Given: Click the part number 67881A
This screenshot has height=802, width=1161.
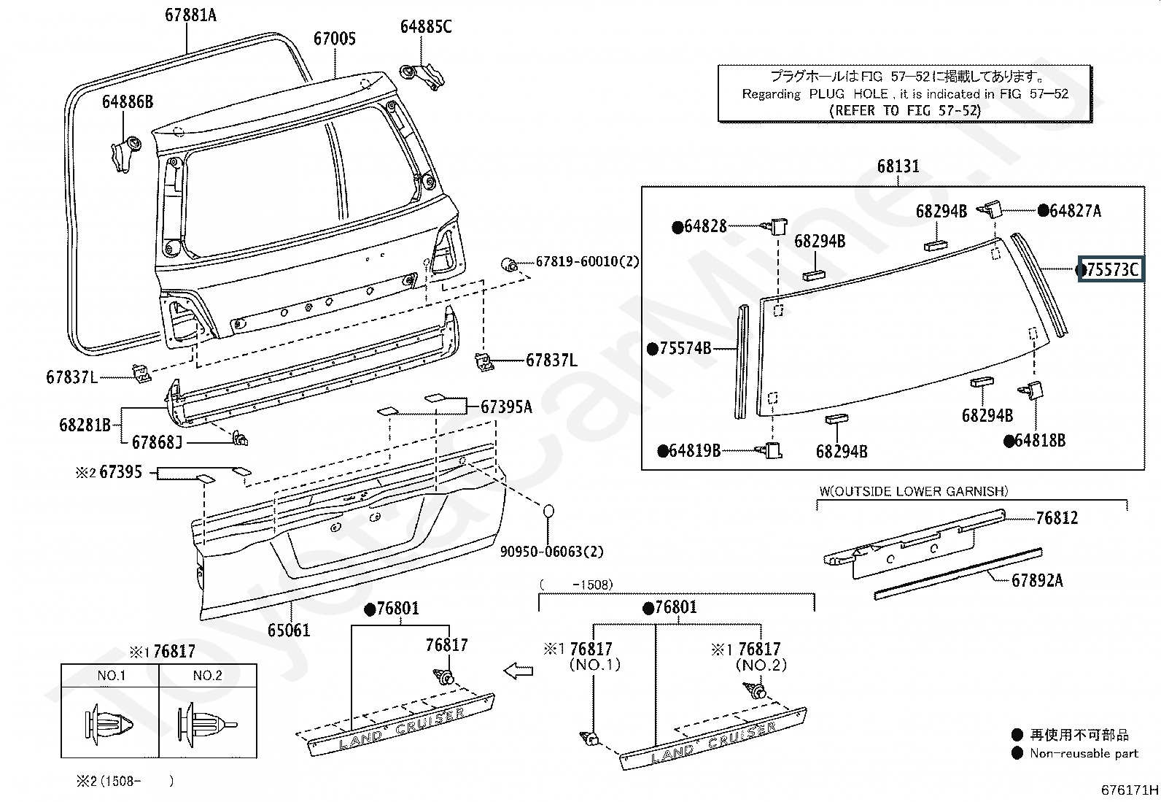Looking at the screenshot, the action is click(191, 15).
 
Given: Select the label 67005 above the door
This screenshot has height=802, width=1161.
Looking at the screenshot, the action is click(335, 39).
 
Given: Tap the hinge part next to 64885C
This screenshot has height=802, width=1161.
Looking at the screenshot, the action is click(422, 76).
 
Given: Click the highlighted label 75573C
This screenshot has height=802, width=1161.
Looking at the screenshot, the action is click(1111, 269).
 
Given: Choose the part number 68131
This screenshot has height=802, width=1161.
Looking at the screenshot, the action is click(898, 166).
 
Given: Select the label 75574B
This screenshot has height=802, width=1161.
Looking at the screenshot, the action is click(685, 348).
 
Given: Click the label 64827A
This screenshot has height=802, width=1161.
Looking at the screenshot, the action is click(1076, 211).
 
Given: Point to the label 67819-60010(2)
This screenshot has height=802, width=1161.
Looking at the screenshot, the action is click(587, 261).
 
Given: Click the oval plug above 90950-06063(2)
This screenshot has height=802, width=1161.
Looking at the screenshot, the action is click(549, 512).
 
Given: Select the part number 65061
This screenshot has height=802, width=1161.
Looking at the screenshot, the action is click(289, 631).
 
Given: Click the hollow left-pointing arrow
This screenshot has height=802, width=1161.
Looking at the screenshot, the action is click(519, 671).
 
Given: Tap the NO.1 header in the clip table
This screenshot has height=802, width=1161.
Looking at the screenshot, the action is click(112, 676).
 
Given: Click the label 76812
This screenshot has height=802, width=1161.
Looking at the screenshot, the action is click(1057, 517).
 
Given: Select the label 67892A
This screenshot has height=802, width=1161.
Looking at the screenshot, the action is click(1037, 580).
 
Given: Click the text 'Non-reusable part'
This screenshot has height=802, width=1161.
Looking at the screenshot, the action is click(1084, 753).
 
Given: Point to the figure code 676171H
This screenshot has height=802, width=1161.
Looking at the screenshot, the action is click(1130, 790).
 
